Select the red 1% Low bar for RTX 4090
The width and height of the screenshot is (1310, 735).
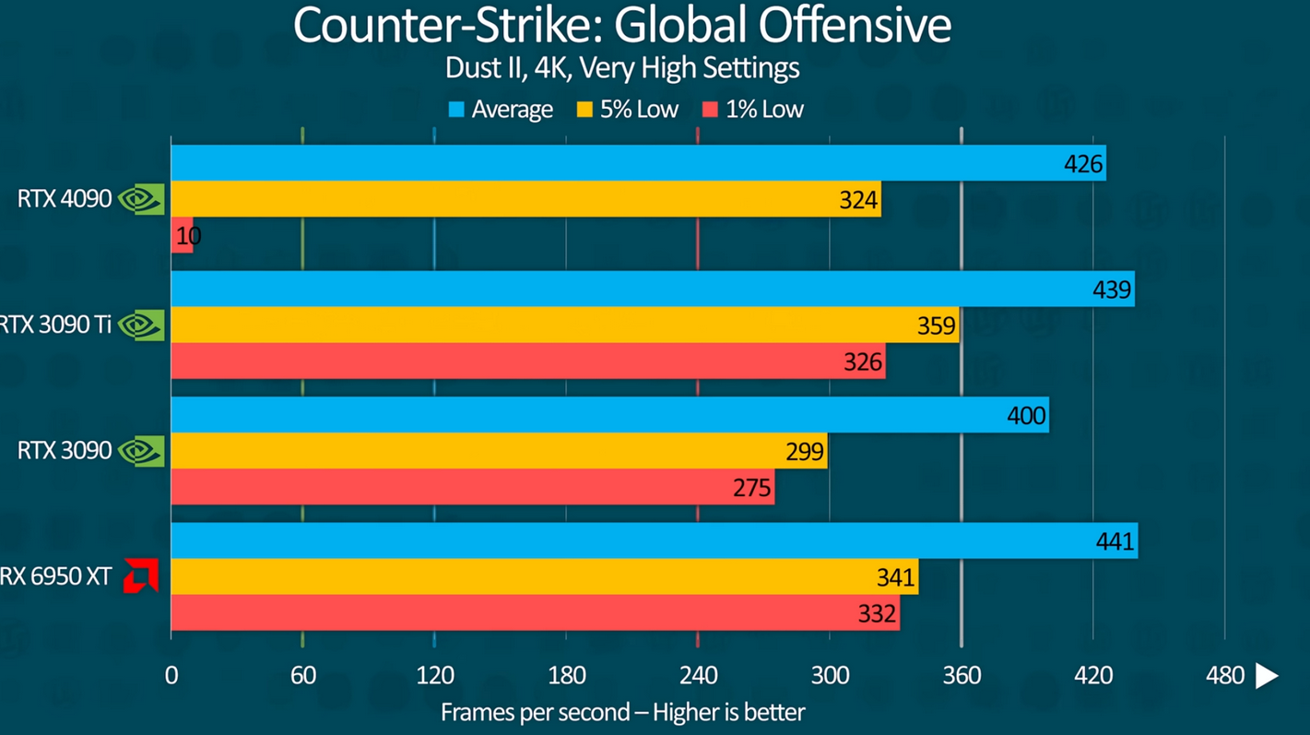coord(182,236)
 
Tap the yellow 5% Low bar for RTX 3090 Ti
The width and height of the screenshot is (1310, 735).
coord(564,325)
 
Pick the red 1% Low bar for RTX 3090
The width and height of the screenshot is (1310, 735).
coord(472,487)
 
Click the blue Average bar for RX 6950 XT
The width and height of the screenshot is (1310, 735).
coord(654,540)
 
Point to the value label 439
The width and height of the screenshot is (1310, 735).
coord(1111,290)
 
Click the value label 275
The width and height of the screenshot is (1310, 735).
coord(751,487)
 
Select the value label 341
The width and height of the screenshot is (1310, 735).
coord(895,577)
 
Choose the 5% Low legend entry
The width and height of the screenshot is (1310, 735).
coord(628,110)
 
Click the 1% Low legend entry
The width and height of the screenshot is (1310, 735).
coord(753,110)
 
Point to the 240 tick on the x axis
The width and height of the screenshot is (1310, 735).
coord(698,676)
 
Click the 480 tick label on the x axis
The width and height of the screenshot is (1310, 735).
coord(1224,676)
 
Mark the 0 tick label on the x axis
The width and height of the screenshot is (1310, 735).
coord(171,676)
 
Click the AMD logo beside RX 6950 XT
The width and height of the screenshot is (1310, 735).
coord(141,575)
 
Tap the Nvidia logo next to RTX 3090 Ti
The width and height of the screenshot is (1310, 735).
coord(141,325)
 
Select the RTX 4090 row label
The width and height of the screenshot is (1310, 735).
coord(65,198)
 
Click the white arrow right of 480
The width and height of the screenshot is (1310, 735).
coord(1268,676)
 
